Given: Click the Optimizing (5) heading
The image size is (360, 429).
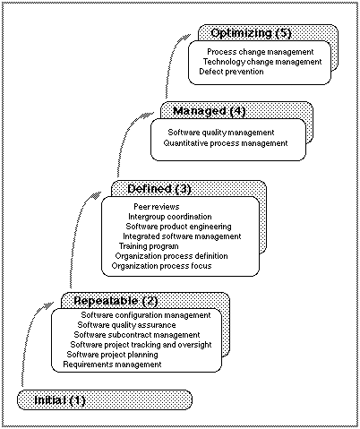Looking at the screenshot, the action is tap(251, 33).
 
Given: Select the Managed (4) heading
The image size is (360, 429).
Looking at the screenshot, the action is tap(210, 111).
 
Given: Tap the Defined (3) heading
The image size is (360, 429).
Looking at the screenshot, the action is tap(159, 189).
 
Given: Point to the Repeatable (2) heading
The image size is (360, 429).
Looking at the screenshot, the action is tap(116, 301).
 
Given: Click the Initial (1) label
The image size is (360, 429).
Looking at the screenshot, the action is tap(60, 400).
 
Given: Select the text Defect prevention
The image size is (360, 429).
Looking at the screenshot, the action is tap(231, 72).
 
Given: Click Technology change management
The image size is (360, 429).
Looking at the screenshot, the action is tap(262, 62).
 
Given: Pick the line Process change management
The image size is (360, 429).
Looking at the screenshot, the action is tap(261, 52).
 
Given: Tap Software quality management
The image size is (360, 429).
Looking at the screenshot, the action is tap(221, 133).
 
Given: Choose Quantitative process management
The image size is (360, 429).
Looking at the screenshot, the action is tap(226, 143).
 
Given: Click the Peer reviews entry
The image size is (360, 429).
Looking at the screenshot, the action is tap(157, 207).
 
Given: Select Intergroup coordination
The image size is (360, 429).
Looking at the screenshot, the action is tap(170, 217).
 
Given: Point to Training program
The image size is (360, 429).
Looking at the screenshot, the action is tap(149, 246).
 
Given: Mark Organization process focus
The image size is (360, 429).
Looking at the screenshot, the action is tap(161, 266).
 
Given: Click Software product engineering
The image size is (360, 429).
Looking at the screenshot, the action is tap(178, 227).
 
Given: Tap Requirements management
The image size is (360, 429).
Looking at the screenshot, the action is tap(112, 365).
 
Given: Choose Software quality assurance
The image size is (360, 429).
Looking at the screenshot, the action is tap(126, 325).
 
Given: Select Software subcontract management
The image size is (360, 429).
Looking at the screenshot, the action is tap(137, 335).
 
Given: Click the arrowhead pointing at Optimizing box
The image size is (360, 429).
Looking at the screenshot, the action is tap(185, 38).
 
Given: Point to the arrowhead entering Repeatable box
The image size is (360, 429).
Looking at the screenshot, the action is tap(48, 305).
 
